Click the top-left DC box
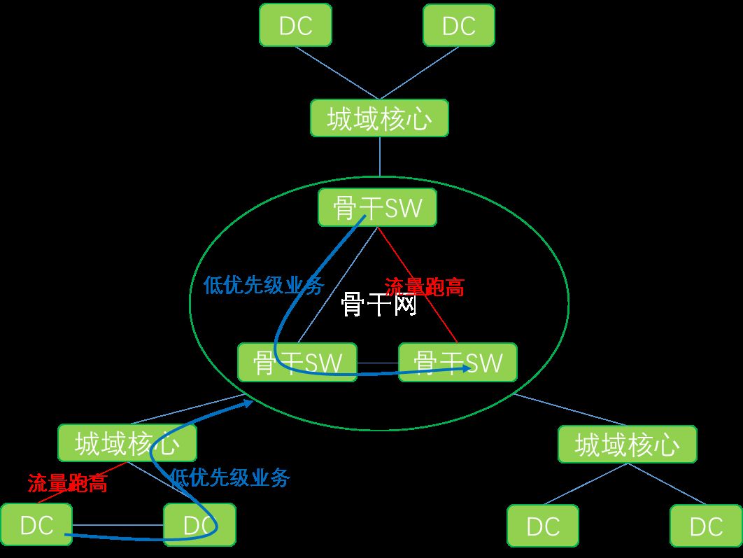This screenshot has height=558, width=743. pyautogui.click(x=295, y=25)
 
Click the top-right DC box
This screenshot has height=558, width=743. pyautogui.click(x=459, y=25)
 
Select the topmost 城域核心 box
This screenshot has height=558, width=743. pyautogui.click(x=379, y=118)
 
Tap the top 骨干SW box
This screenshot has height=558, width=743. pyautogui.click(x=377, y=207)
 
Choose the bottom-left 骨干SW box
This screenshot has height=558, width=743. pyautogui.click(x=297, y=362)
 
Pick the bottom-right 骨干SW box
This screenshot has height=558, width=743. pyautogui.click(x=458, y=362)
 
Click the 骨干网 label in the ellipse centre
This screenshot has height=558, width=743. pyautogui.click(x=379, y=305)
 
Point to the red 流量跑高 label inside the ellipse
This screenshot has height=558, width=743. pyautogui.click(x=425, y=287)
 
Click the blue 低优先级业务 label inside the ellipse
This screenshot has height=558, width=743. pyautogui.click(x=264, y=285)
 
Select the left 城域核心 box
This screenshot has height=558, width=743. pyautogui.click(x=127, y=443)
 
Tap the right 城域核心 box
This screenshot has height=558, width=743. pyautogui.click(x=627, y=444)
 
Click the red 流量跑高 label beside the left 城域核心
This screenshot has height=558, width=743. pyautogui.click(x=67, y=482)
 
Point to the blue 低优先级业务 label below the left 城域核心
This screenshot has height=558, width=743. pyautogui.click(x=229, y=478)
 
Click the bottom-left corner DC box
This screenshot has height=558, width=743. pyautogui.click(x=36, y=525)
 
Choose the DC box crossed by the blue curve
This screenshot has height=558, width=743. pyautogui.click(x=199, y=525)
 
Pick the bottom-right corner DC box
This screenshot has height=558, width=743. pyautogui.click(x=706, y=526)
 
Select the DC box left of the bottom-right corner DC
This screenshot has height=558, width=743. pyautogui.click(x=543, y=526)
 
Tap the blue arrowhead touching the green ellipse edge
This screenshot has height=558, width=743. pyautogui.click(x=248, y=402)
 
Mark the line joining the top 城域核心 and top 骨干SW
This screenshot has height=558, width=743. pyautogui.click(x=380, y=156)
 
